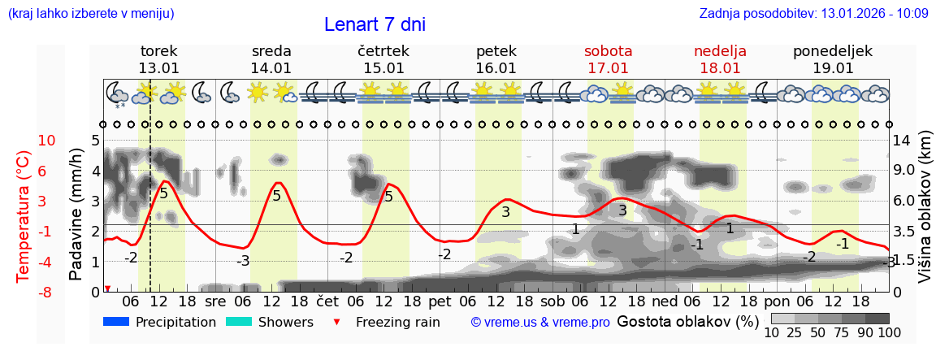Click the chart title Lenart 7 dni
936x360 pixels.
pyautogui.click(x=375, y=24)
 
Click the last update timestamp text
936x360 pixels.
pyautogui.click(x=813, y=13)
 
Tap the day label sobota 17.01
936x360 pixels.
pyautogui.click(x=609, y=59)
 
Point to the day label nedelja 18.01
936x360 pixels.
pyautogui.click(x=720, y=59)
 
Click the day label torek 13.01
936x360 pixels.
pyautogui.click(x=158, y=59)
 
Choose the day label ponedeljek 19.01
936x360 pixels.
pyautogui.click(x=833, y=59)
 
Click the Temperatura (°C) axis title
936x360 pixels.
pyautogui.click(x=24, y=216)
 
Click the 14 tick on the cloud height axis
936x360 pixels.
pyautogui.click(x=902, y=141)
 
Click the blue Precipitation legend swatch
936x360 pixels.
pyautogui.click(x=116, y=322)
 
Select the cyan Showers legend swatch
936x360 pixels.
pyautogui.click(x=238, y=322)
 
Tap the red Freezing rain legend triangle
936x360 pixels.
pyautogui.click(x=338, y=322)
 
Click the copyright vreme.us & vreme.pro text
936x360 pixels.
pyautogui.click(x=540, y=323)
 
